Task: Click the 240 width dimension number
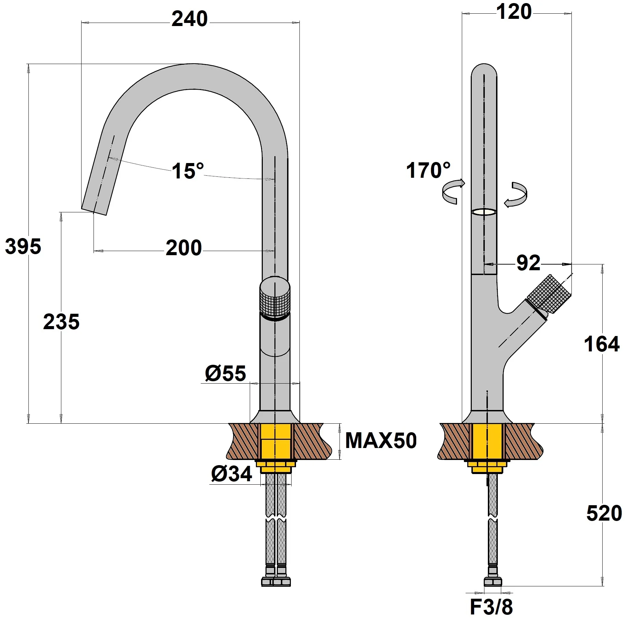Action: (x=189, y=19)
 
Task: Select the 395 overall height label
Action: (x=23, y=247)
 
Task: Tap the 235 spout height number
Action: (x=61, y=322)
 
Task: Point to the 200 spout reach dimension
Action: (x=184, y=248)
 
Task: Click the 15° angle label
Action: (x=187, y=171)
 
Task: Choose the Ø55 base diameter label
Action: (x=225, y=373)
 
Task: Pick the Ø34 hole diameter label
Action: (x=232, y=474)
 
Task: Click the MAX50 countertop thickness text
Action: (x=381, y=440)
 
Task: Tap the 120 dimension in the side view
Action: (x=514, y=12)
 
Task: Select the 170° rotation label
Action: (x=428, y=170)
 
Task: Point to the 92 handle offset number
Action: (x=528, y=263)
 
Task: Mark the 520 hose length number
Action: (x=604, y=514)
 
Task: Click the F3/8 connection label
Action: (x=491, y=607)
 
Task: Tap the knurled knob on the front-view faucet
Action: (x=275, y=299)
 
